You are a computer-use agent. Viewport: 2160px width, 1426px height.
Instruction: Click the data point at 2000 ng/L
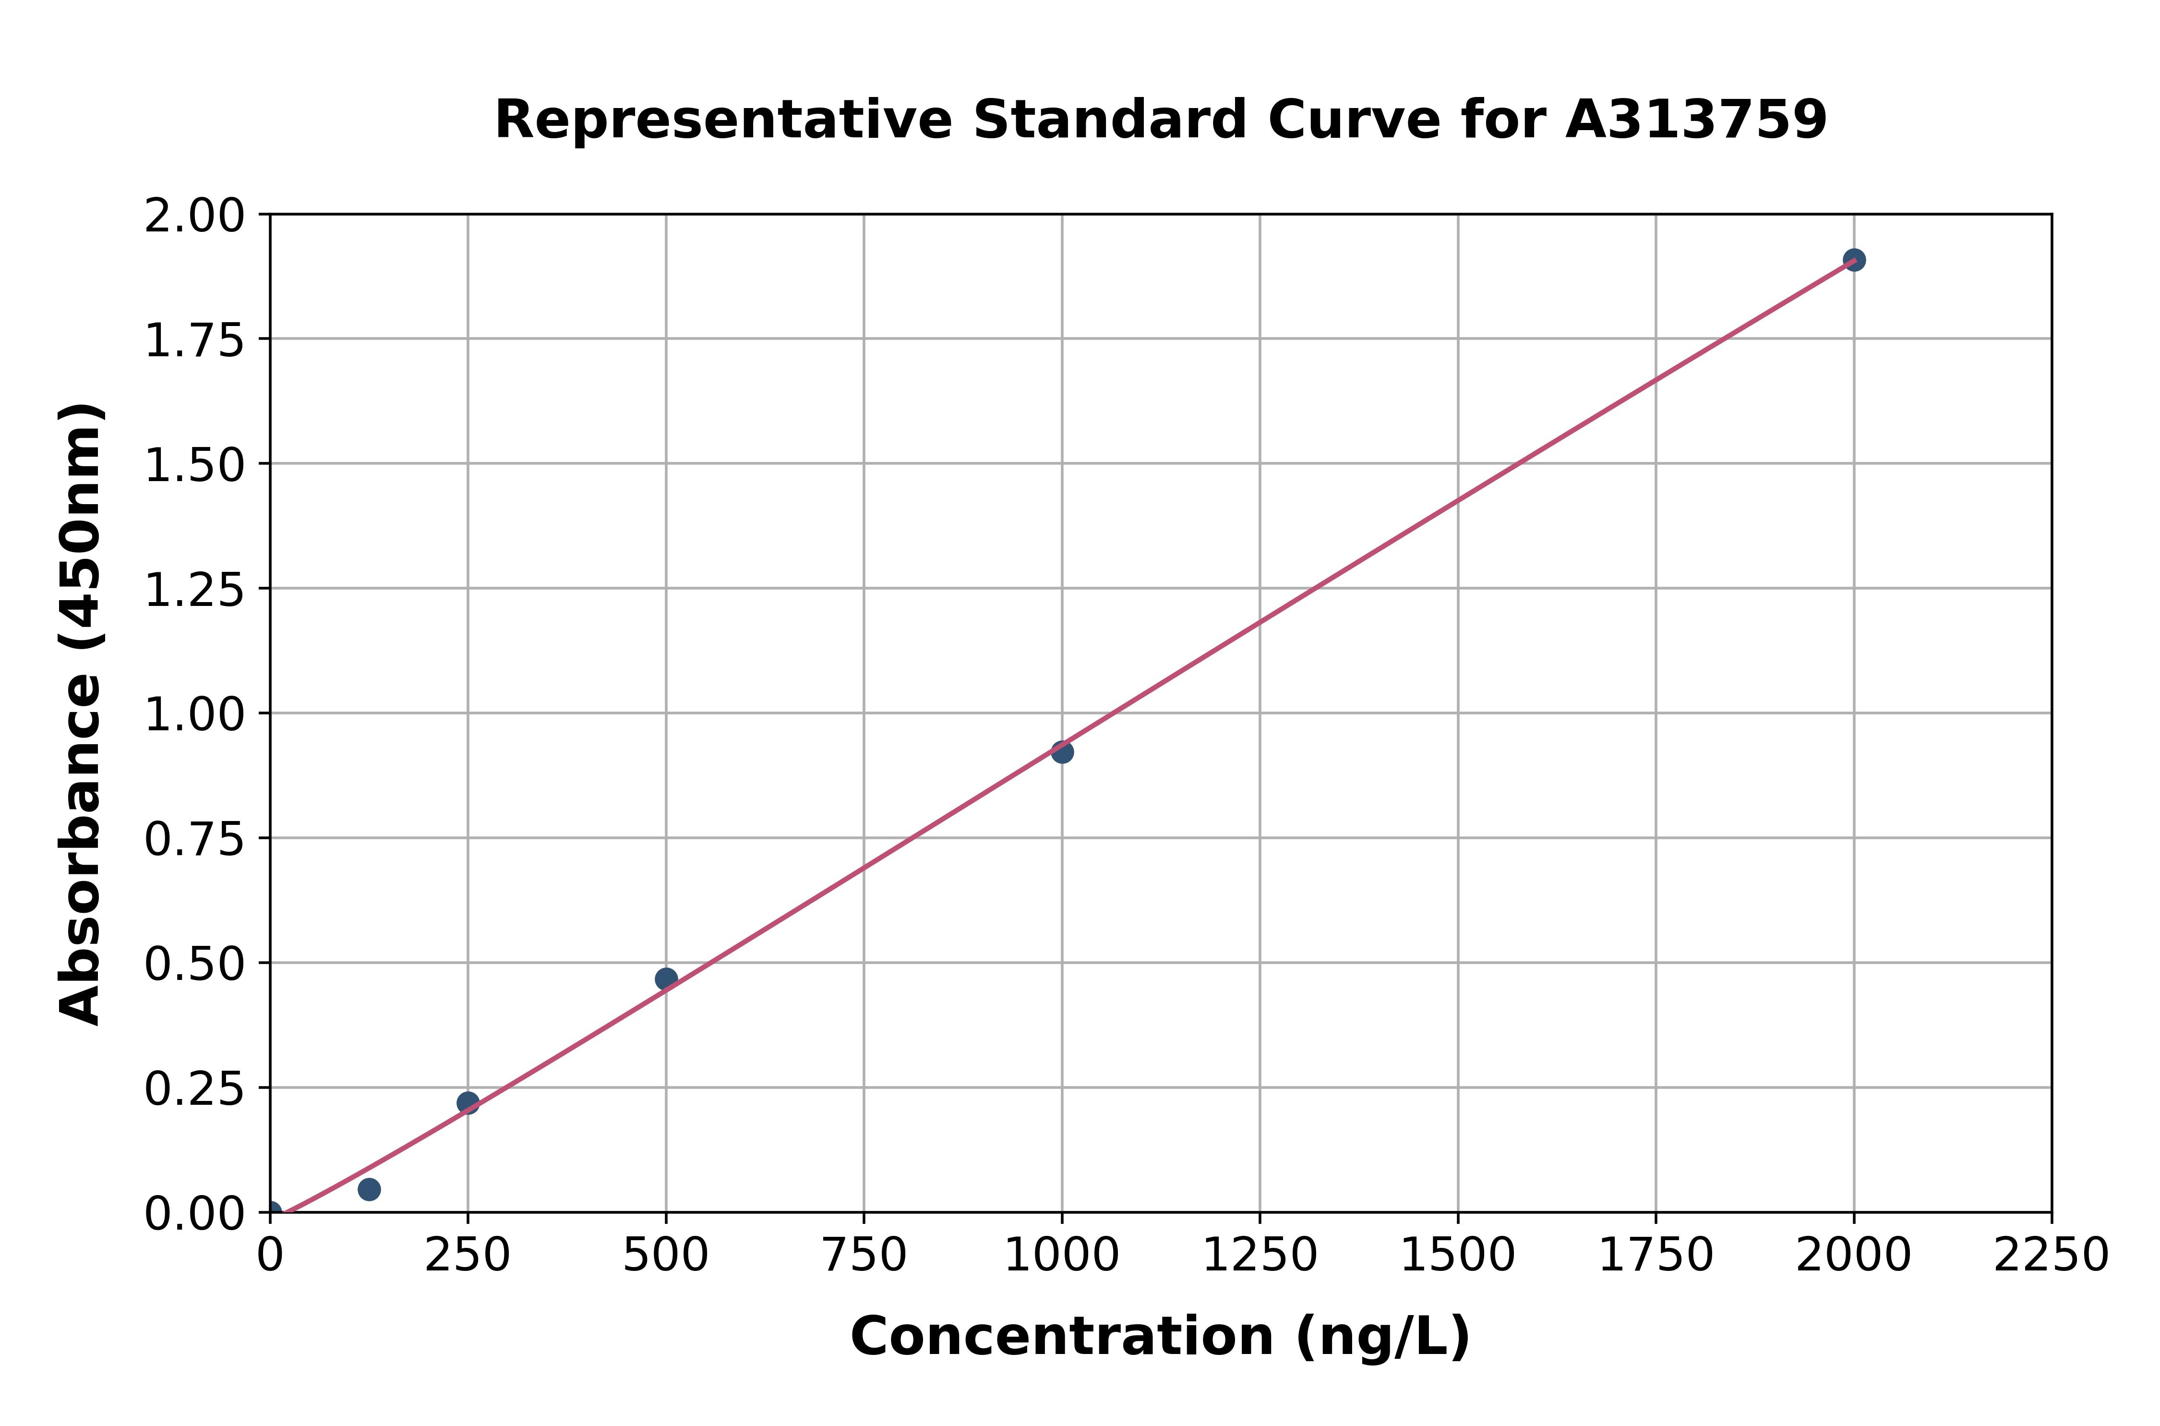1854,260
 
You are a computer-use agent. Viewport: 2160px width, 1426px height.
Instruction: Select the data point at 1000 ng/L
1062,752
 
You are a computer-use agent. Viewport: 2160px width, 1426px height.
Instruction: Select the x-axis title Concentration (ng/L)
1160,1337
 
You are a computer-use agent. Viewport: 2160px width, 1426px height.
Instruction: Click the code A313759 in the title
1695,120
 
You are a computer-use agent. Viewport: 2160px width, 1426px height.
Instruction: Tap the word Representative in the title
723,120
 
